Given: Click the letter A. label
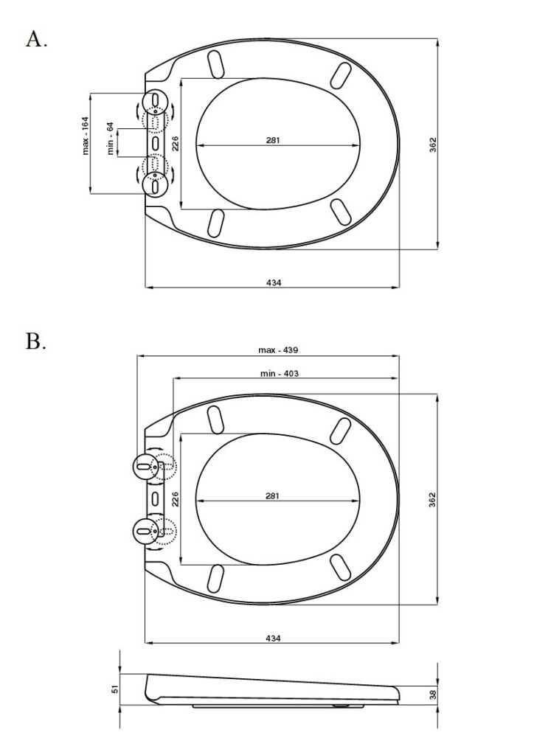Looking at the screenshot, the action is click(36, 39).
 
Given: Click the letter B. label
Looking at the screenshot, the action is click(36, 341).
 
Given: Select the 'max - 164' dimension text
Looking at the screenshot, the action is click(86, 136).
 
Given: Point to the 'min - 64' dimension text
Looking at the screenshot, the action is click(111, 139).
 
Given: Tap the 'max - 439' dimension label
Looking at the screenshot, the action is click(278, 350).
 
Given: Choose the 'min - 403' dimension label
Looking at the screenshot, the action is click(280, 373).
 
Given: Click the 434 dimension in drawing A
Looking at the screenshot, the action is click(274, 282).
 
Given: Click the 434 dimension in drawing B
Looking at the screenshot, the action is click(273, 639).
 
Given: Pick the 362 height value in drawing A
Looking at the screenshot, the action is click(432, 145).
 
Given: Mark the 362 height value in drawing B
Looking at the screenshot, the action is click(432, 499).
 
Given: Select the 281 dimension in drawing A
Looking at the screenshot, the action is click(273, 140).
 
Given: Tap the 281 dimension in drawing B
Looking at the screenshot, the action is click(272, 496).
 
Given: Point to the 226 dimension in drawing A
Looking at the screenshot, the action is click(176, 143).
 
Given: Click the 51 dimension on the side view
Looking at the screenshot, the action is click(114, 689).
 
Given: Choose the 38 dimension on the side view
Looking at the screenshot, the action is click(432, 694).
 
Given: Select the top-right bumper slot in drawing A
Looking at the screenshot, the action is click(341, 76).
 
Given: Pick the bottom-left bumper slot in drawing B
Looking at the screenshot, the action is click(215, 578).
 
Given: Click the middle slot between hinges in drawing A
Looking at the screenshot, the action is click(156, 142).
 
